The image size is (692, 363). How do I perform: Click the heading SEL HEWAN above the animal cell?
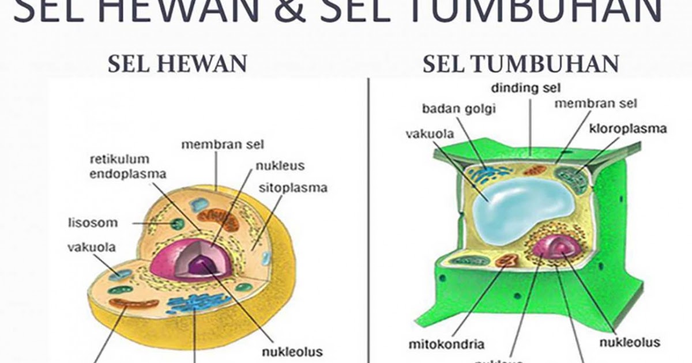pyautogui.click(x=178, y=65)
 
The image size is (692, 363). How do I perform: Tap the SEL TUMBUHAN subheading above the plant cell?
pyautogui.click(x=521, y=65)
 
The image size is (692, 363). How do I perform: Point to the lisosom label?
pyautogui.click(x=92, y=222)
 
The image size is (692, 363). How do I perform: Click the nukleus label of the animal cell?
pyautogui.click(x=280, y=166)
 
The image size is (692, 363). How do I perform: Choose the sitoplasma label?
pyautogui.click(x=293, y=188)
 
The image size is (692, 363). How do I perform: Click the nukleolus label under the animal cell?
pyautogui.click(x=292, y=351)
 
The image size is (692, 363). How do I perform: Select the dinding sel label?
pyautogui.click(x=526, y=88)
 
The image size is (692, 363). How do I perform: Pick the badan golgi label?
pyautogui.click(x=458, y=108)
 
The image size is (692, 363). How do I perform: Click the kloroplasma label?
pyautogui.click(x=627, y=128)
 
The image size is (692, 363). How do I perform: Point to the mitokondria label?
pyautogui.click(x=446, y=344)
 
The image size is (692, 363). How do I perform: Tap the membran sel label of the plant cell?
pyautogui.click(x=596, y=104)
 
